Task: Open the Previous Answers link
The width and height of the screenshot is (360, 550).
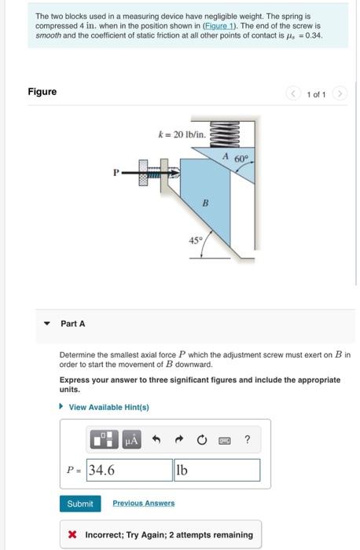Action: point(143,503)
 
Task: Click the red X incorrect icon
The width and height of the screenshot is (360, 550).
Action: point(72,535)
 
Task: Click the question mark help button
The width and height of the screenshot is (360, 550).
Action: point(248,440)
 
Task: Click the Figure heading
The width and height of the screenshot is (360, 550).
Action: point(42,92)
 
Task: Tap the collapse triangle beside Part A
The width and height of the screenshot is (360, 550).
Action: point(48,323)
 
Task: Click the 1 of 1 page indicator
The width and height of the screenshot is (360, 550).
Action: point(317,95)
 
